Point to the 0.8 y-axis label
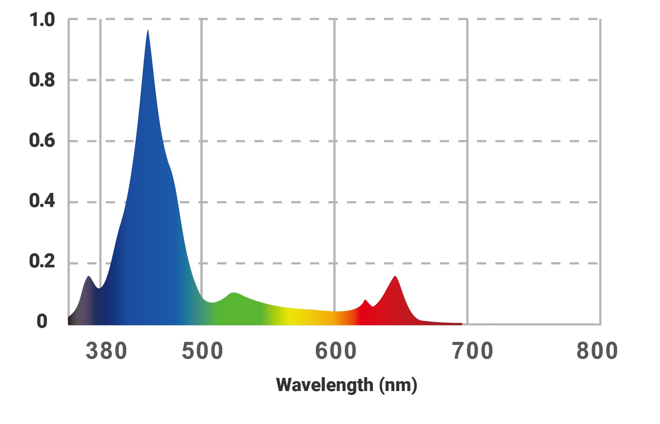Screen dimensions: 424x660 click(42, 80)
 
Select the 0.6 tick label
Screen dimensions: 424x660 click(42, 141)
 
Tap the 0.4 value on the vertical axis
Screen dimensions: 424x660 click(42, 201)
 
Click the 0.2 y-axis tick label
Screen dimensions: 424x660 click(42, 261)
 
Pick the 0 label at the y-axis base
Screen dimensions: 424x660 click(42, 321)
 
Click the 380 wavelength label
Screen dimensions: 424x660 click(106, 351)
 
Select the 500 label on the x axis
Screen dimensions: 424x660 click(202, 351)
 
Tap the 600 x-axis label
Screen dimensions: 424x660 click(336, 351)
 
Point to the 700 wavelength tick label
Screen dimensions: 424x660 click(473, 351)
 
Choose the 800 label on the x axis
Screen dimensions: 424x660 click(597, 351)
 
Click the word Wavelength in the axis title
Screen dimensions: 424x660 click(325, 385)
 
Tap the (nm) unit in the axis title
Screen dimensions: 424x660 click(398, 385)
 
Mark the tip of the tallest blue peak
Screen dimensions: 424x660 click(148, 31)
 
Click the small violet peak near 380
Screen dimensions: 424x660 click(88, 277)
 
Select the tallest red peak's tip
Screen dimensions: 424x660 click(395, 277)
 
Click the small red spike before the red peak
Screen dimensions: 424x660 click(365, 301)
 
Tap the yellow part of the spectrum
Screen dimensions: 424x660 click(290, 317)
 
